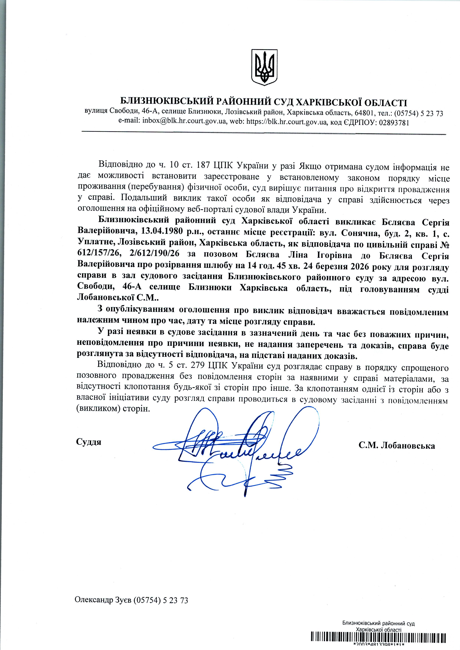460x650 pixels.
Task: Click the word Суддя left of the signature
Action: (89, 442)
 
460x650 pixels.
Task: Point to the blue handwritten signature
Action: (229, 447)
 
